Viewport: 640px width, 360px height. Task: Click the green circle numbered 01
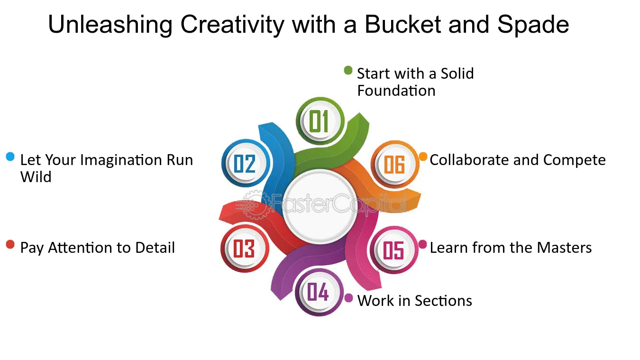pyautogui.click(x=320, y=121)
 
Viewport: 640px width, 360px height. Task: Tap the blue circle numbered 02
pyautogui.click(x=246, y=163)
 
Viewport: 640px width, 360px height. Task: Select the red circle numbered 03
pyautogui.click(x=245, y=248)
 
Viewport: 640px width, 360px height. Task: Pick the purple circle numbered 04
pyautogui.click(x=319, y=292)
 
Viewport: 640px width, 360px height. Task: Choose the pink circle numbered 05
pyautogui.click(x=394, y=250)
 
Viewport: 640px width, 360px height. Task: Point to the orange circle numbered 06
pyautogui.click(x=395, y=165)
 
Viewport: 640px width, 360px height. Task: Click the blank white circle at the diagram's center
pyautogui.click(x=320, y=206)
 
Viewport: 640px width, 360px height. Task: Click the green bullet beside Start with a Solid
pyautogui.click(x=348, y=70)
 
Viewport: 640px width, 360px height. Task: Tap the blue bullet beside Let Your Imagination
pyautogui.click(x=10, y=157)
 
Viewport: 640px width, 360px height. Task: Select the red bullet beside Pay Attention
pyautogui.click(x=10, y=244)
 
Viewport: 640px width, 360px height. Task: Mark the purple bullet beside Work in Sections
pyautogui.click(x=348, y=298)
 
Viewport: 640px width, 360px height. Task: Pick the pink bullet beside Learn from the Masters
pyautogui.click(x=422, y=244)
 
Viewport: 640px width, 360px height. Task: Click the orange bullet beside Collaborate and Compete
pyautogui.click(x=423, y=157)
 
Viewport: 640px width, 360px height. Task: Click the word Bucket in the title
pyautogui.click(x=403, y=24)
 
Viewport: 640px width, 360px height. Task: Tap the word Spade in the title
pyautogui.click(x=533, y=25)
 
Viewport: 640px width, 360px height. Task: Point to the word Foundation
pyautogui.click(x=396, y=91)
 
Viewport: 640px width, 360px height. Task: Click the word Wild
pyautogui.click(x=36, y=177)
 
